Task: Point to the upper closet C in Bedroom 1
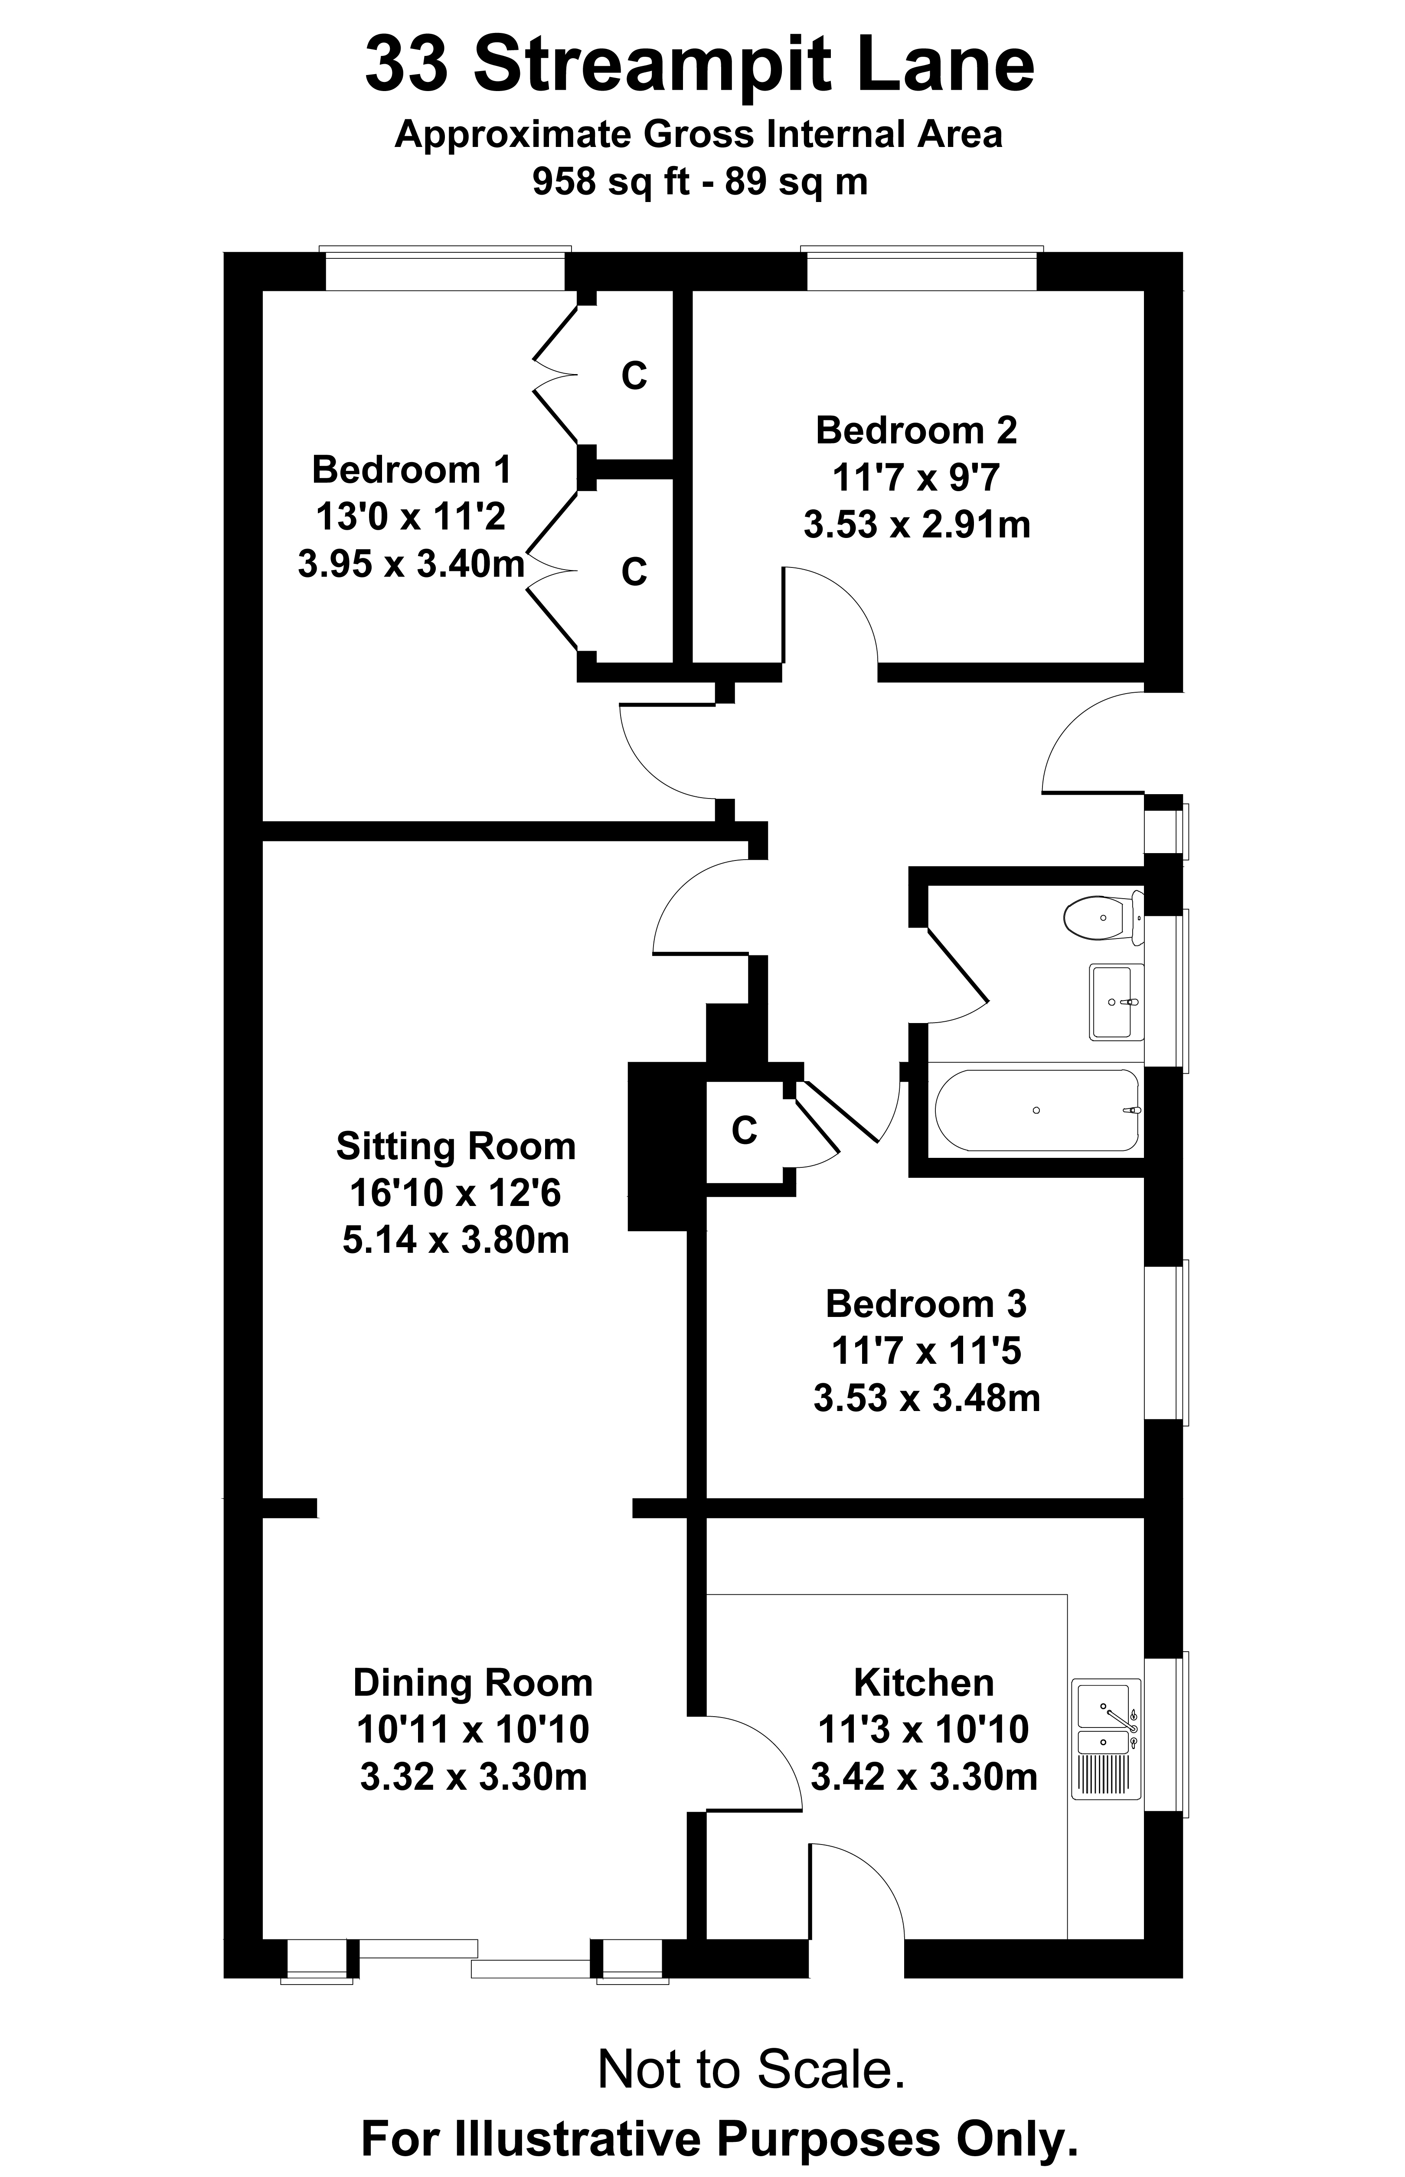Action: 634,376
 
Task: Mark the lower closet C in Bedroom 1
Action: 634,572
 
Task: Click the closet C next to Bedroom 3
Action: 745,1131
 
